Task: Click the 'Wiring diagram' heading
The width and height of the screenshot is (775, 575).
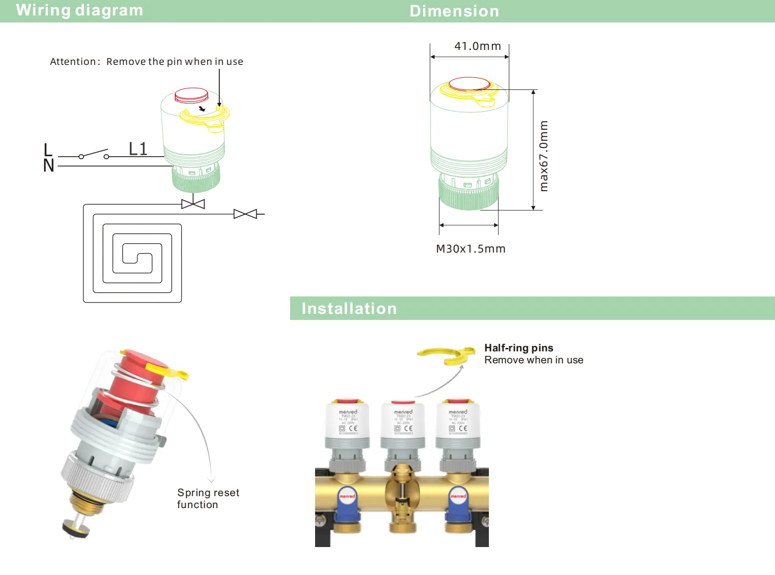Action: coord(79,10)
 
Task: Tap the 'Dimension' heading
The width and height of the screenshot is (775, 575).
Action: coord(454,11)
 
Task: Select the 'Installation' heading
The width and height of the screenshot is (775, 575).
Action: coord(349,308)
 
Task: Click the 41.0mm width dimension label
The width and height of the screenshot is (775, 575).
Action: coord(477,46)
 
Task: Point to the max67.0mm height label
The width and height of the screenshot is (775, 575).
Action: coord(544,156)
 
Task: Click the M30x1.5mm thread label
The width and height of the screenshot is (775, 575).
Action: coord(470,249)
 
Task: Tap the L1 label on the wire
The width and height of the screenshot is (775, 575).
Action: coord(138,149)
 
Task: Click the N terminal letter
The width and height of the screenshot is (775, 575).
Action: coord(48,166)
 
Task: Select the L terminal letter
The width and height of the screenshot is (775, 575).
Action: coord(48,150)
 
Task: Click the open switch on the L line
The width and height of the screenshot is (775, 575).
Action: coord(93,154)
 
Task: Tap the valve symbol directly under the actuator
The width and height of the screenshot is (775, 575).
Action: coord(193,204)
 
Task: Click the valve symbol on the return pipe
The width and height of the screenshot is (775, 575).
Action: coord(245,214)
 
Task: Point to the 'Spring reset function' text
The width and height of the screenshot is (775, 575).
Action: coord(208,499)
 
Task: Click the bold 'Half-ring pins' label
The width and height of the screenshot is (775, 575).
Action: coord(518,348)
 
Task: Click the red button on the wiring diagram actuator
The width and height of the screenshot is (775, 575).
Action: coord(191,95)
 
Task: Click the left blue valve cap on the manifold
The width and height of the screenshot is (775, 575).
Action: coord(348,502)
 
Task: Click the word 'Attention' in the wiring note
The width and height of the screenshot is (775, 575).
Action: coord(73,61)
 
